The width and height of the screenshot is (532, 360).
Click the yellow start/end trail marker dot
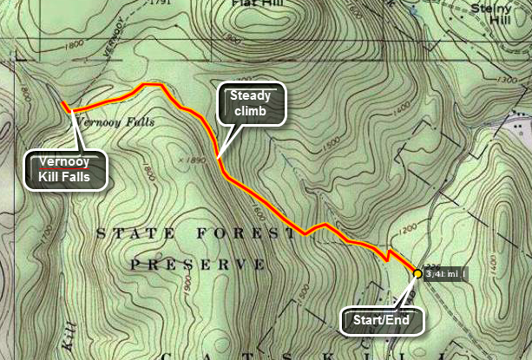click(x=417, y=273)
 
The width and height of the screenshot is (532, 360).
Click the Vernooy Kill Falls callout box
click(x=68, y=171)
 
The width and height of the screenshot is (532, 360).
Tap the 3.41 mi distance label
click(x=444, y=275)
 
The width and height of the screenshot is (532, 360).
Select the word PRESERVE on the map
click(x=196, y=263)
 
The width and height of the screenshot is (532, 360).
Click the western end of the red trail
click(x=62, y=104)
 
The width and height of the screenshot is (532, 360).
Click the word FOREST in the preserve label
click(x=248, y=233)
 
